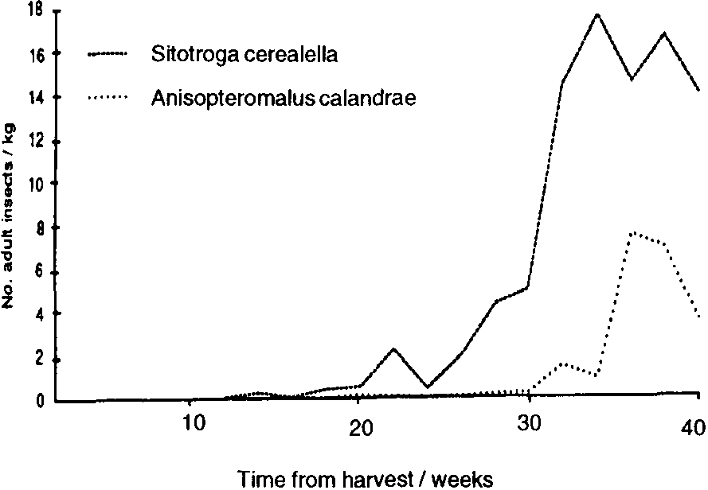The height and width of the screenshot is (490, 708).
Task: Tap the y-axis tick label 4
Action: [x=40, y=313]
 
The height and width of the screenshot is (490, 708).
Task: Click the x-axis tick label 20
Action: [x=360, y=426]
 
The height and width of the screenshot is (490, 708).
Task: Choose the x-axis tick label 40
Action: [x=694, y=426]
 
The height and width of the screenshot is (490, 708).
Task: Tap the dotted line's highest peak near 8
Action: [x=631, y=232]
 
